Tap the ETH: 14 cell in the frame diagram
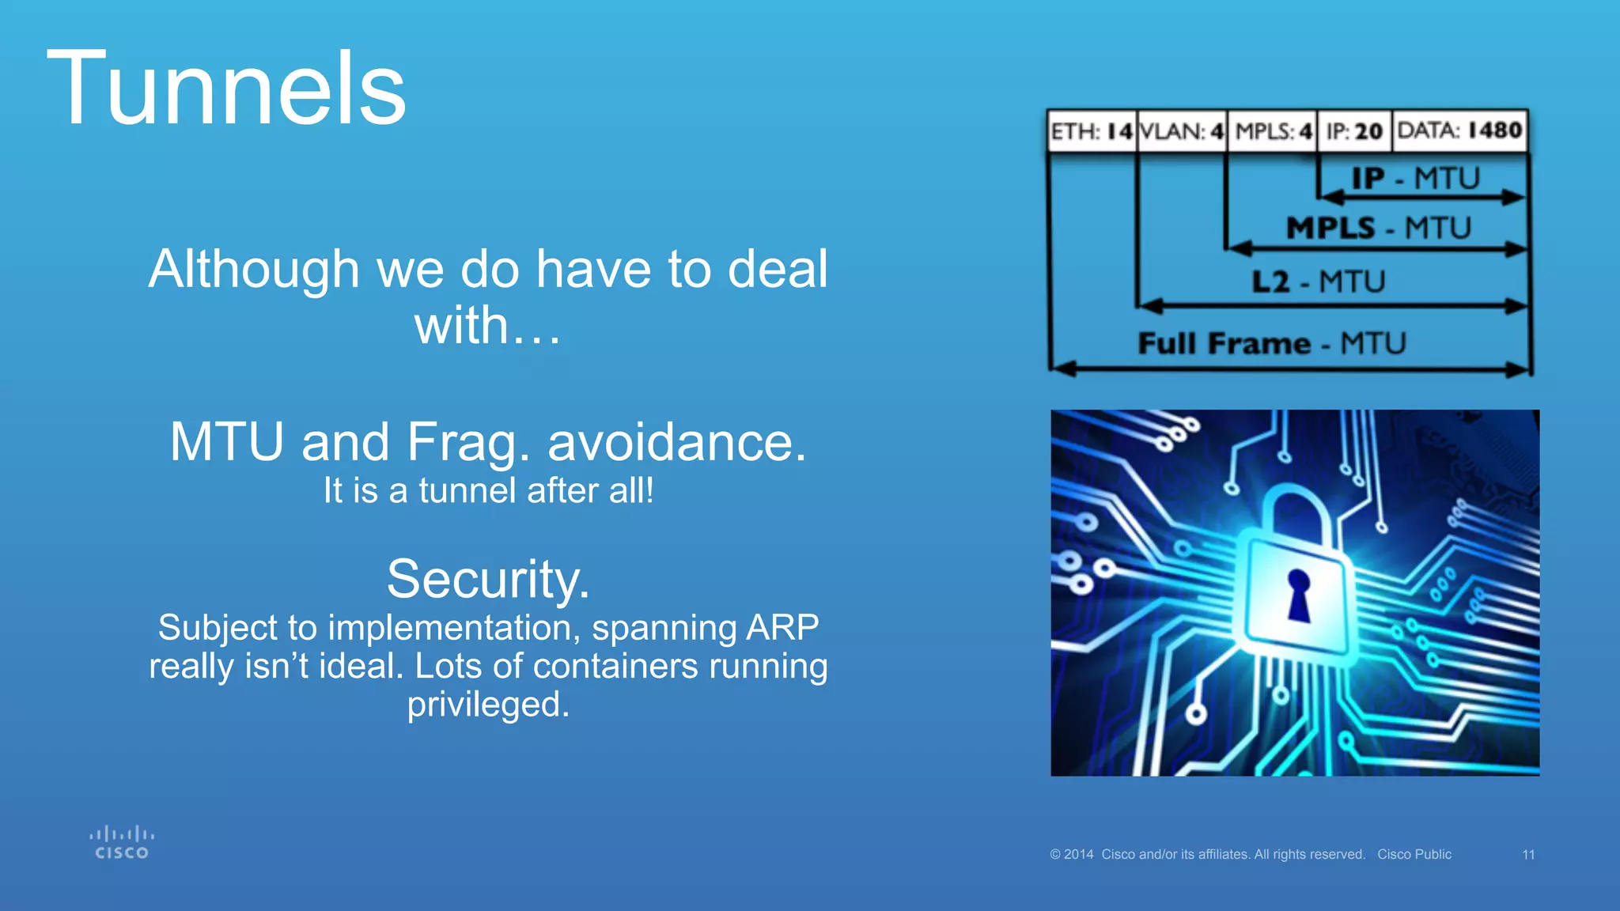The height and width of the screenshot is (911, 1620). pyautogui.click(x=1092, y=130)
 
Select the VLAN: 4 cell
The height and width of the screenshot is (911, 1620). pyautogui.click(x=1182, y=130)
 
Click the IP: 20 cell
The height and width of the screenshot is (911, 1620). pyautogui.click(x=1353, y=130)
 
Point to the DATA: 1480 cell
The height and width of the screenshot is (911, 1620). pyautogui.click(x=1459, y=130)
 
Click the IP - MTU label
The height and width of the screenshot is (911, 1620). pyautogui.click(x=1414, y=178)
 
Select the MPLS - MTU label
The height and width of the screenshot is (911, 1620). pyautogui.click(x=1378, y=228)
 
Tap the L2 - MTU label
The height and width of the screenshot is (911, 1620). pyautogui.click(x=1318, y=282)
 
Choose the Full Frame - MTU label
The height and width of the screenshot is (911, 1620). pyautogui.click(x=1271, y=343)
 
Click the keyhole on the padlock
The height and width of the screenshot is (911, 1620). pyautogui.click(x=1298, y=594)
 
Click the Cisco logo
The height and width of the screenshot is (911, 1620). pyautogui.click(x=122, y=843)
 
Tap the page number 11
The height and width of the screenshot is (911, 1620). pyautogui.click(x=1528, y=855)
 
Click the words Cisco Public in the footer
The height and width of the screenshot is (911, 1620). pyautogui.click(x=1414, y=855)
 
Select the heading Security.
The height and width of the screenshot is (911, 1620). pyautogui.click(x=488, y=579)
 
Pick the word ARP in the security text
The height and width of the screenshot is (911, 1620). pyautogui.click(x=782, y=628)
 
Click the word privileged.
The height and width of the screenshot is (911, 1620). pyautogui.click(x=488, y=704)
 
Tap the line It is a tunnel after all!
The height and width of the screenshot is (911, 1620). pyautogui.click(x=488, y=490)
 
